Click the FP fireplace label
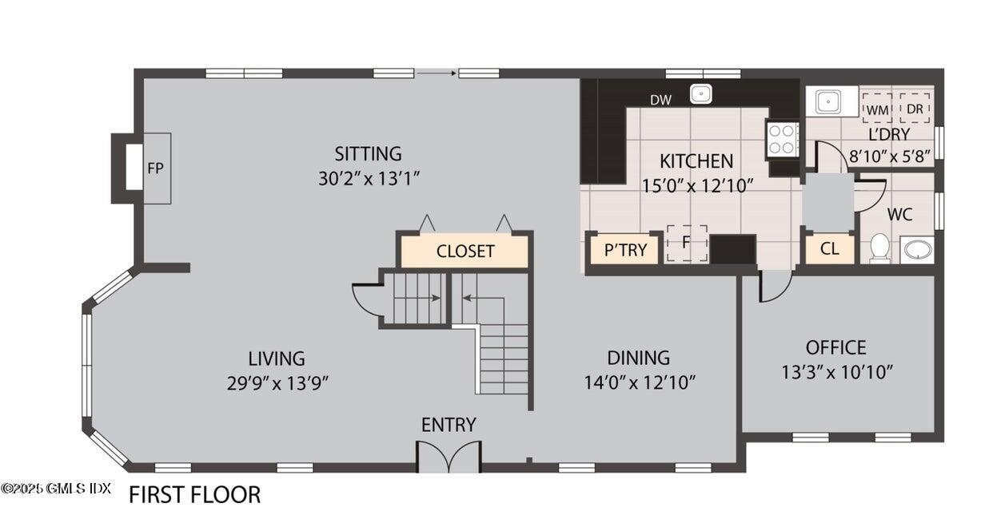pos(155,169)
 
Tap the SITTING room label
pos(368,153)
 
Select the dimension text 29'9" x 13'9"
pos(277,382)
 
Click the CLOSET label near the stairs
pos(465,252)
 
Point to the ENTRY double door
pos(449,457)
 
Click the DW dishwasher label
pos(660,100)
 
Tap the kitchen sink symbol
pos(701,93)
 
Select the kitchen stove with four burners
pos(783,139)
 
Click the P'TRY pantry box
pos(624,250)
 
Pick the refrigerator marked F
pos(686,243)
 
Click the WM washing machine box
pos(877,107)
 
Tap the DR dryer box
pos(915,107)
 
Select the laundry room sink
pos(826,101)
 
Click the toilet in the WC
pos(879,248)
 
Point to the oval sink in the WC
pos(916,250)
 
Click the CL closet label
pos(829,249)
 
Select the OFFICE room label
pos(835,347)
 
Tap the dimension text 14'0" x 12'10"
pos(640,382)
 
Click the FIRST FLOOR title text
pos(194,494)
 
